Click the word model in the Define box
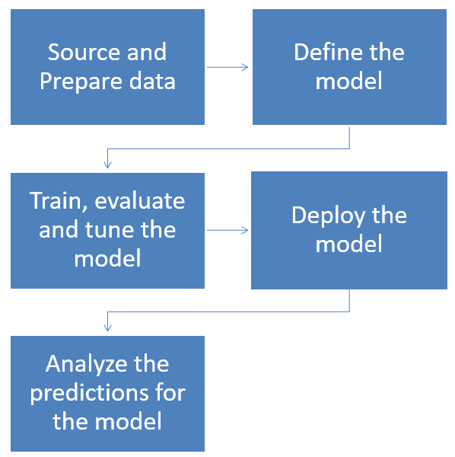tap(349, 81)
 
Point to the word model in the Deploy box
tap(349, 244)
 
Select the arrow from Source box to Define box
tap(228, 67)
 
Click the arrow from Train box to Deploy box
tap(228, 229)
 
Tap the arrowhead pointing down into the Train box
tap(108, 163)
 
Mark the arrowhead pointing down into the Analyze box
tap(108, 326)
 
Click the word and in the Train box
tap(57, 229)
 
